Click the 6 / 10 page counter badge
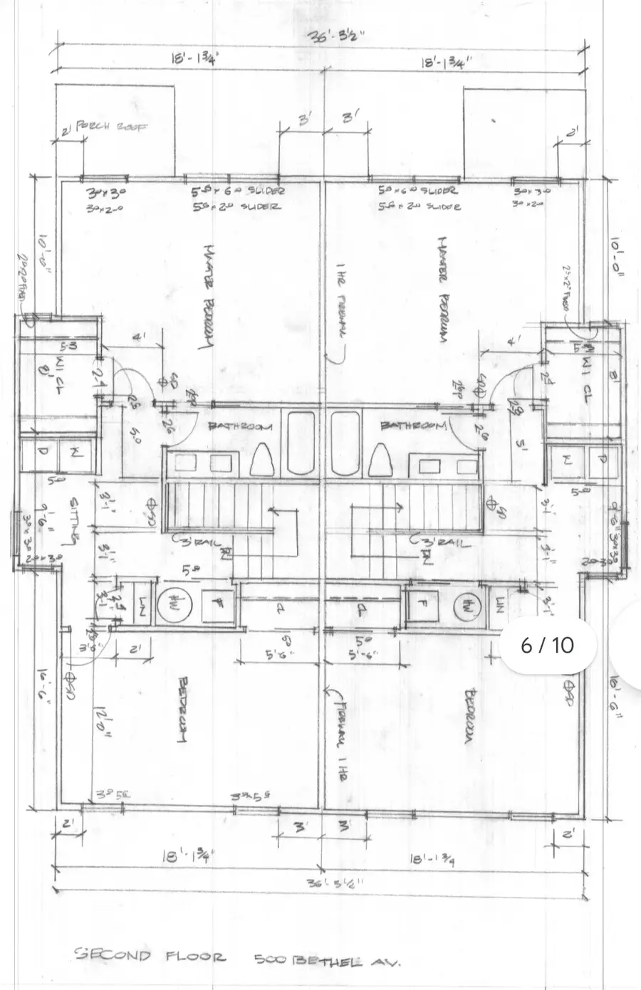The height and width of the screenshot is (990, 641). pyautogui.click(x=547, y=645)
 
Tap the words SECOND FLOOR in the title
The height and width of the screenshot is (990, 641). pyautogui.click(x=150, y=955)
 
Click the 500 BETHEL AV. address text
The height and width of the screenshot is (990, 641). pyautogui.click(x=328, y=959)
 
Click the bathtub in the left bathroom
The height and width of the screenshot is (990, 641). pyautogui.click(x=301, y=443)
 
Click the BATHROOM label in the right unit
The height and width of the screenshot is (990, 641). pyautogui.click(x=413, y=426)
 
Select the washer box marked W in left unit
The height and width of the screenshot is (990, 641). pyautogui.click(x=75, y=453)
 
